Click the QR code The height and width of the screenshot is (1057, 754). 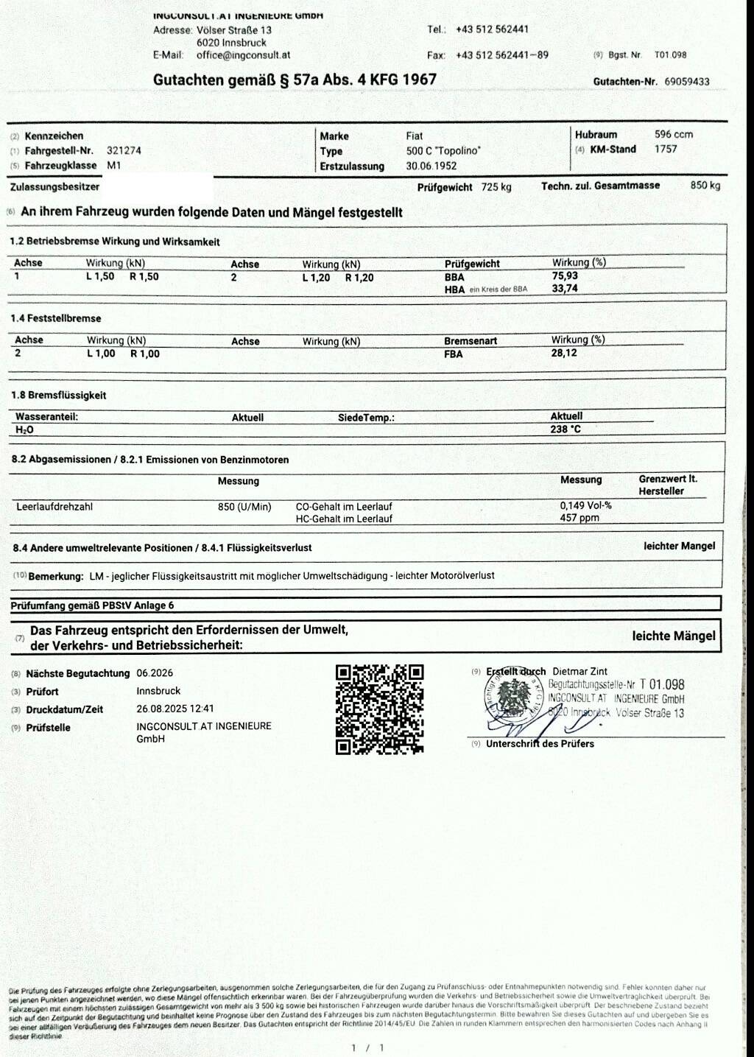(379, 709)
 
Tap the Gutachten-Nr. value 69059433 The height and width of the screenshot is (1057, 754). (686, 82)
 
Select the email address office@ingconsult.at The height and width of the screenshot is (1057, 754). (243, 55)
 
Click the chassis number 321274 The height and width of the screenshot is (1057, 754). (124, 150)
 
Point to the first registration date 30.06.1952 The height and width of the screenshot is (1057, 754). (431, 166)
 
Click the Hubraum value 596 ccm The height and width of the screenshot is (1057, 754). (673, 134)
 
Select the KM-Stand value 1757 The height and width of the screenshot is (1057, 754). (665, 149)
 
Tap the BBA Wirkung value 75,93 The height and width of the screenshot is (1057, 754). (565, 275)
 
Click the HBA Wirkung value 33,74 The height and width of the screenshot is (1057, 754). (565, 288)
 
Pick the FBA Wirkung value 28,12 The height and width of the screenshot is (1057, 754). (564, 353)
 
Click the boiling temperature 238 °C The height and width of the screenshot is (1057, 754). (565, 429)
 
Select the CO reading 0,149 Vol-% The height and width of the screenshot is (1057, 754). (585, 505)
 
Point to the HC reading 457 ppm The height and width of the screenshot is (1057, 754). (579, 518)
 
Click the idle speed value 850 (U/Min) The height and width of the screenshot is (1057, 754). (244, 507)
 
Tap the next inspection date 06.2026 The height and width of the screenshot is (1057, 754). (155, 673)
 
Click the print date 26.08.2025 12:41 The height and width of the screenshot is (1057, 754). (175, 709)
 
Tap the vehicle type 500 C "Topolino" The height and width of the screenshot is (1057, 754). (443, 151)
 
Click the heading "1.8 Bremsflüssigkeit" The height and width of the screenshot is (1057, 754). (58, 396)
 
